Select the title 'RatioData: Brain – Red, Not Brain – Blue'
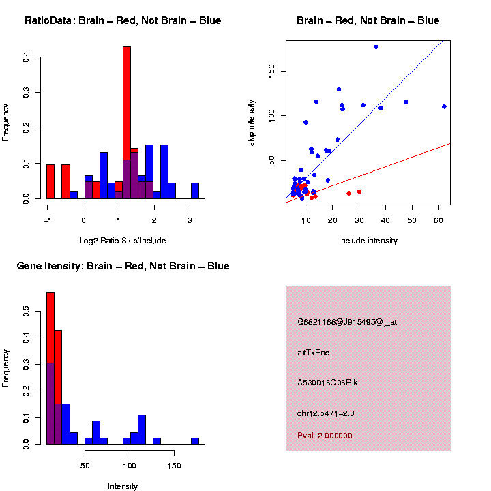pos(123,20)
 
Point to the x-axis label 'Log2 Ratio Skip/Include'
pos(123,240)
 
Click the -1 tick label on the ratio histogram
pos(47,220)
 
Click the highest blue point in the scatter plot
pos(376,46)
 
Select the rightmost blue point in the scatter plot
pos(444,106)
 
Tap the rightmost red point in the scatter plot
pos(359,192)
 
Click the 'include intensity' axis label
pos(368,240)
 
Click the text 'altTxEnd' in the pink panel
pos(314,353)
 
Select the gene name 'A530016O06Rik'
pos(327,383)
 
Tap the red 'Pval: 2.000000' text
pos(325,436)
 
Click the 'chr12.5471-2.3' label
pos(325,413)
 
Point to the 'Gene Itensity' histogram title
pos(123,266)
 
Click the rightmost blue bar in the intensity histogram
pos(195,441)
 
